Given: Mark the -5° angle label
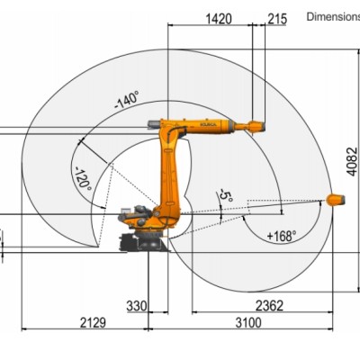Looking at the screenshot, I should point(226,193).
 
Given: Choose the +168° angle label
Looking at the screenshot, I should point(282,236).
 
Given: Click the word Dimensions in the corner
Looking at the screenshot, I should point(333,15).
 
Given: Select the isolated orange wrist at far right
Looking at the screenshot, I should point(334,200).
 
